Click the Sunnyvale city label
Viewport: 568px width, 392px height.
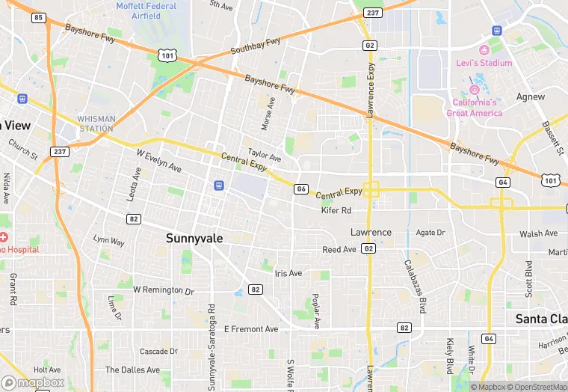[x=194, y=238]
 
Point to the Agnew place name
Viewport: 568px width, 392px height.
[x=531, y=97]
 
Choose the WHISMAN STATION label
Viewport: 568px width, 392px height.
[x=96, y=123]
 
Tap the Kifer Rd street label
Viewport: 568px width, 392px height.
[x=336, y=211]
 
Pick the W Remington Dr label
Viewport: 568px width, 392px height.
[x=163, y=290]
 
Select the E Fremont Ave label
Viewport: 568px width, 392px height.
[x=251, y=329]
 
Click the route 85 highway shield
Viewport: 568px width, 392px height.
[x=38, y=16]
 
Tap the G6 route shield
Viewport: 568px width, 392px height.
[x=300, y=189]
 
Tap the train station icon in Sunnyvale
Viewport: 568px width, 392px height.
[x=218, y=186]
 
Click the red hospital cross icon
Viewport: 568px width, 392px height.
[x=4, y=237]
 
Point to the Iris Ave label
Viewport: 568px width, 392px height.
[x=288, y=273]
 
